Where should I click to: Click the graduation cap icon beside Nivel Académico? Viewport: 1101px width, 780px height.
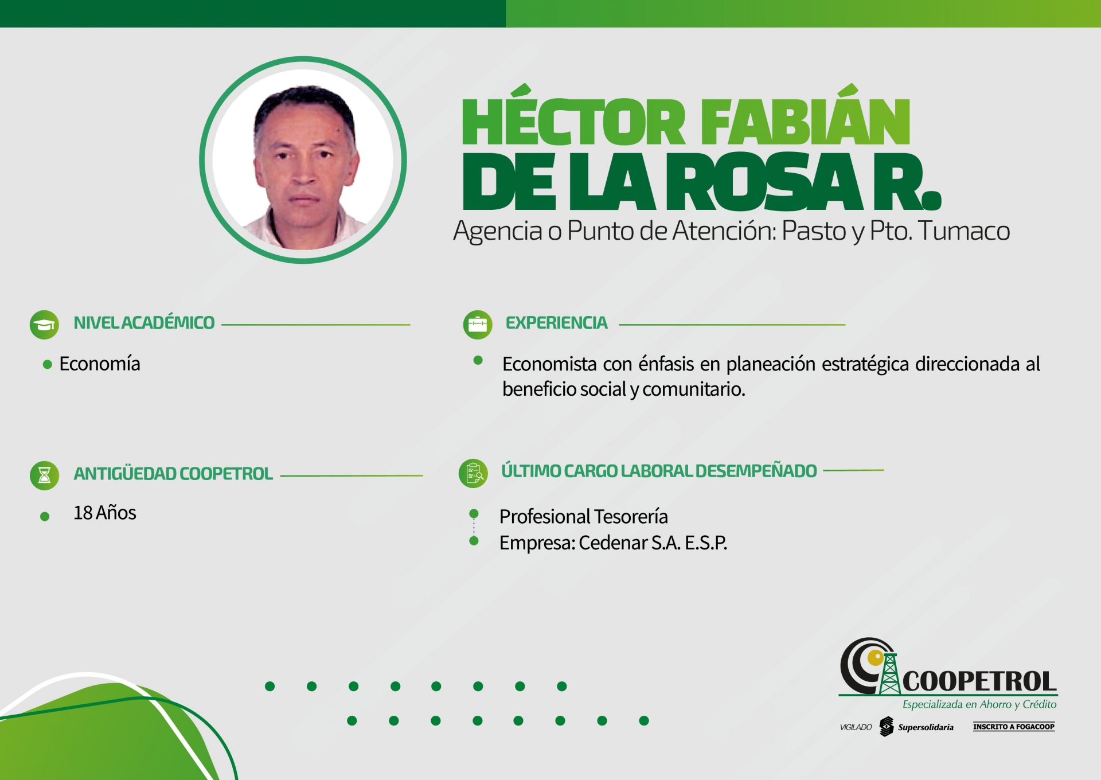(44, 325)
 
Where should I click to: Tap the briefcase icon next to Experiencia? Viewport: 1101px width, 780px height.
(478, 325)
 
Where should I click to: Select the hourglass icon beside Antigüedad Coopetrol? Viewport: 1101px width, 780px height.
(44, 475)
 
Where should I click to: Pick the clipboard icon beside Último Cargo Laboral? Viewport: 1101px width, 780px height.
(474, 474)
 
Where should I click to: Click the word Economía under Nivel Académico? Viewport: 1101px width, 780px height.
(100, 364)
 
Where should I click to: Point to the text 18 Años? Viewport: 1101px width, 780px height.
(105, 513)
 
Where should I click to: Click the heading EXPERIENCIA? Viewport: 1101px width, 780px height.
(556, 323)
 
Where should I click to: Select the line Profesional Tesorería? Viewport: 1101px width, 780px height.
(584, 517)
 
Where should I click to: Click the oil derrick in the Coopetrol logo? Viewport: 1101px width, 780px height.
(889, 673)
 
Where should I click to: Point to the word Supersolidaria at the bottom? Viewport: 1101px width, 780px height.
(926, 727)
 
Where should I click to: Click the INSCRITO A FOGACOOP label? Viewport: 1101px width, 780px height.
(1014, 727)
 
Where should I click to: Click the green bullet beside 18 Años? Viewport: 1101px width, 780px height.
(45, 517)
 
